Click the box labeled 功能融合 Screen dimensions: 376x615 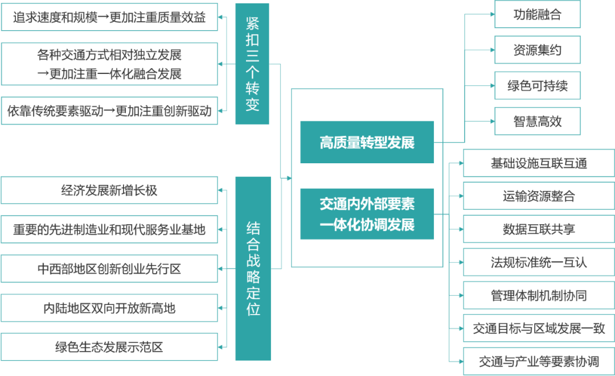[537, 14]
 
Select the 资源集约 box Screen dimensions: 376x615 [537, 50]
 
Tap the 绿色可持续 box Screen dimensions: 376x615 [537, 86]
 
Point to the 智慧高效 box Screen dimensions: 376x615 [537, 121]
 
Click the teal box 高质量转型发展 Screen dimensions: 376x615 [367, 142]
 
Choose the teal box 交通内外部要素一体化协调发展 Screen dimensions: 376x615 [367, 214]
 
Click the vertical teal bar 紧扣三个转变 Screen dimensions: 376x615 [253, 63]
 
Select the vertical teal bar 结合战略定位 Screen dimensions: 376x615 [253, 268]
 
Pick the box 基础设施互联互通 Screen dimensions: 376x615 [538, 164]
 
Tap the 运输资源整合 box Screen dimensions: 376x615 [538, 196]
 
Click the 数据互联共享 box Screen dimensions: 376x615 [538, 229]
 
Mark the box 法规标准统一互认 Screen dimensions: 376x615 [538, 262]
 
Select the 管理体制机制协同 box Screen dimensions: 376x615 [538, 295]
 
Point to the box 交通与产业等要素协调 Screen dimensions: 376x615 [538, 361]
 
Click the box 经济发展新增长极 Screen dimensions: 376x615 [109, 190]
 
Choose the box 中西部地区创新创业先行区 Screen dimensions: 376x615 [109, 268]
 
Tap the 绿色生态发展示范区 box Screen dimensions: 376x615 [109, 347]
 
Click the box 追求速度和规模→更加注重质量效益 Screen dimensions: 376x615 [109, 18]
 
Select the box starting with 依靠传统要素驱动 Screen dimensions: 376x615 [109, 111]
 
